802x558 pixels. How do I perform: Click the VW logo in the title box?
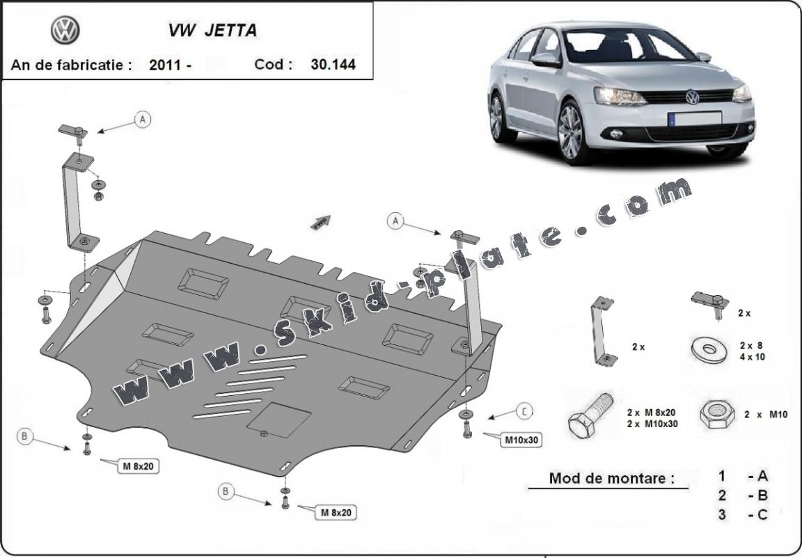click(65, 30)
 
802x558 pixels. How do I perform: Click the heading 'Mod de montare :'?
click(611, 478)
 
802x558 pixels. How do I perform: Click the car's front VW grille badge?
click(691, 97)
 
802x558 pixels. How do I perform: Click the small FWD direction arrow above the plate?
click(321, 222)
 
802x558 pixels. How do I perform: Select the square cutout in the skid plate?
click(280, 420)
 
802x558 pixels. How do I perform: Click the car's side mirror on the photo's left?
click(546, 60)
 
